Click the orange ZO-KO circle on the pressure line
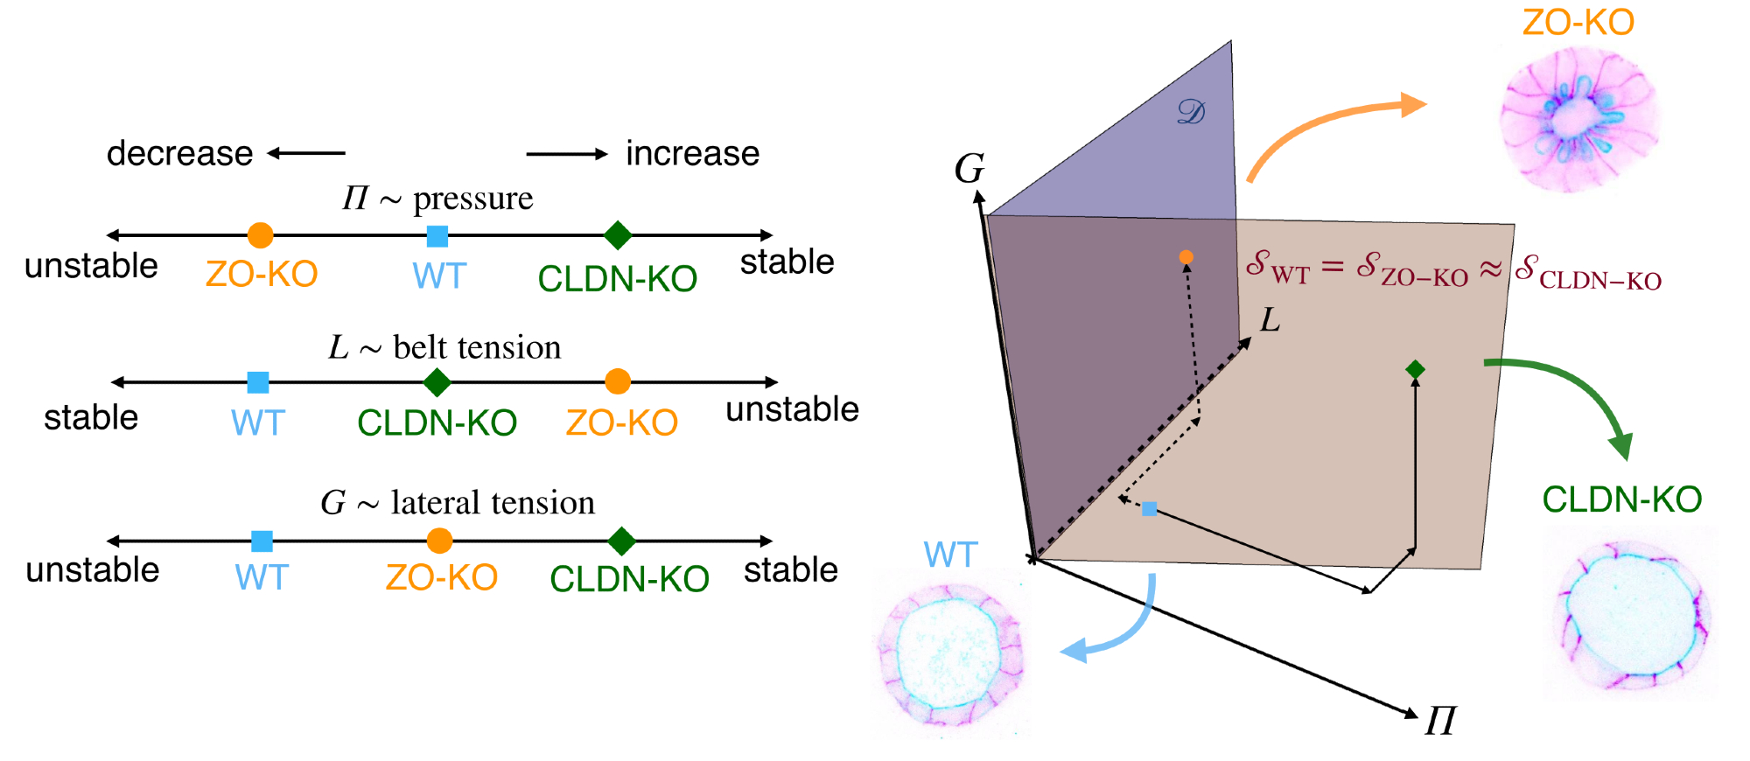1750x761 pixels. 260,235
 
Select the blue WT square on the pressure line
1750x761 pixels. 437,236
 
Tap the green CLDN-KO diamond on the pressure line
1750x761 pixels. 618,235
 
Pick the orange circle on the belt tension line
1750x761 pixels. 618,381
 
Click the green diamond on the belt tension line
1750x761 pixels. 437,382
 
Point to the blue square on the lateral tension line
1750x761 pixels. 262,541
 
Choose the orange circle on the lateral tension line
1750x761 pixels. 439,541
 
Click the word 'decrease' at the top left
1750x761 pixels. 179,154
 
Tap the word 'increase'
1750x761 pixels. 692,154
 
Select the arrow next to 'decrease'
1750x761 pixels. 306,154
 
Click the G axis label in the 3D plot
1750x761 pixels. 969,169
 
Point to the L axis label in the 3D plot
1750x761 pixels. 1270,321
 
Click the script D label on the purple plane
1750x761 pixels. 1191,112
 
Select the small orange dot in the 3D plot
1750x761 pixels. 1186,257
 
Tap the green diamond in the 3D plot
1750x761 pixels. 1415,370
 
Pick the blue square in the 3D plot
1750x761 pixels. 1150,509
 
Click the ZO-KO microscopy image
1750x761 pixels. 1579,118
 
